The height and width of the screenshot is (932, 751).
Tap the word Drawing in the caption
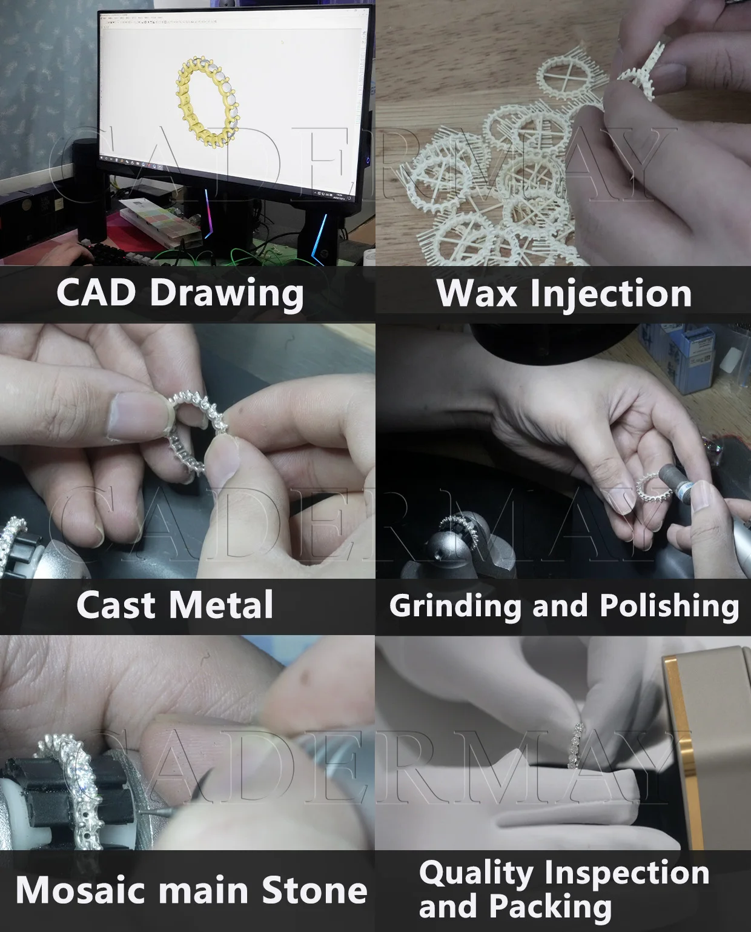[x=227, y=295]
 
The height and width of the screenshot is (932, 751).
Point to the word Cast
[x=116, y=605]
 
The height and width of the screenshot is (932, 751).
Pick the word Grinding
[x=454, y=607]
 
